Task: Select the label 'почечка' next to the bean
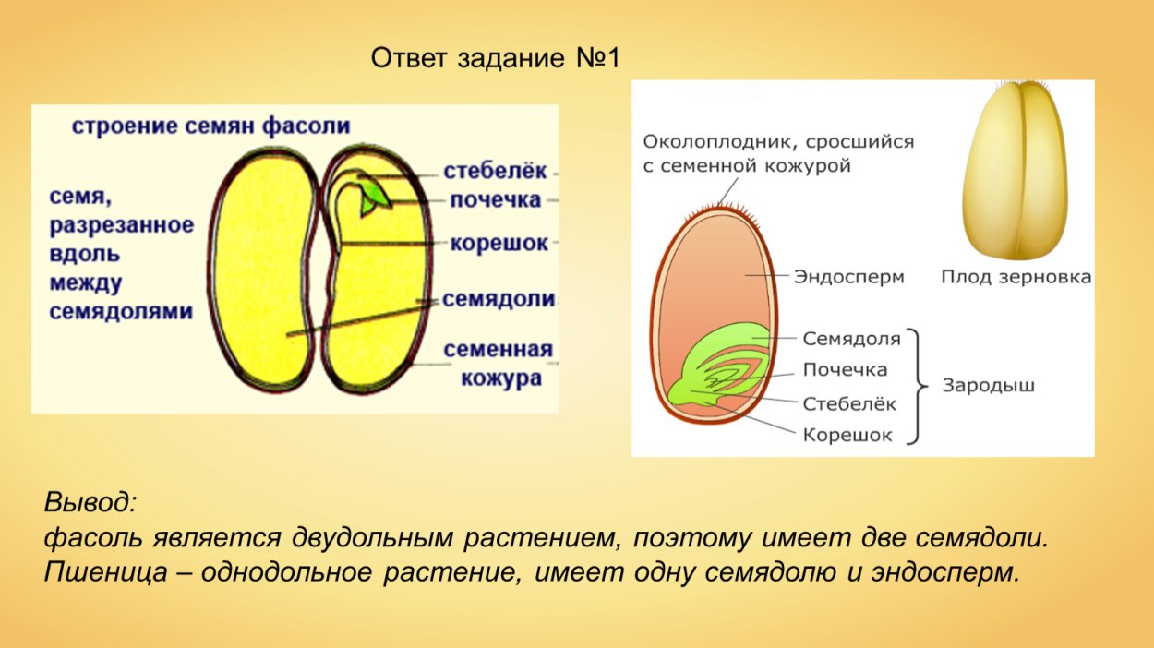point(495,200)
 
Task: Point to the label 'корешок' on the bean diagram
point(499,243)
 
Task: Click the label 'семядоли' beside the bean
point(499,300)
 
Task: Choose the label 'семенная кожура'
point(498,364)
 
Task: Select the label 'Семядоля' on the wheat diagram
point(851,339)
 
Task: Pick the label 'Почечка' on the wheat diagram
point(845,370)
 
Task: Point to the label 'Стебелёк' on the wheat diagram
point(849,403)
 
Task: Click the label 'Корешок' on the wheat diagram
point(847,435)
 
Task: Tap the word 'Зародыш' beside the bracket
point(988,386)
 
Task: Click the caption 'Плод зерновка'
point(1016,277)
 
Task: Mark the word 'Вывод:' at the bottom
point(90,503)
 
